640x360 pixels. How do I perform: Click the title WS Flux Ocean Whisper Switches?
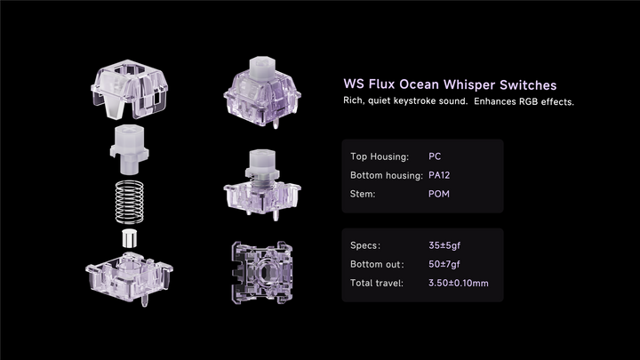(450, 84)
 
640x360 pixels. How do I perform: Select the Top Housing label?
(380, 156)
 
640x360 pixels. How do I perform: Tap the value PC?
(435, 156)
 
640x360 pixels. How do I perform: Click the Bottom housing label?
(386, 175)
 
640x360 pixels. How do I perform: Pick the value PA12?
(440, 175)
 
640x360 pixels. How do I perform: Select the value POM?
(439, 193)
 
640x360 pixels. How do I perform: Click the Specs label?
(366, 244)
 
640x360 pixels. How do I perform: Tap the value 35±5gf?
(446, 244)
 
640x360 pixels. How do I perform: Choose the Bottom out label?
(378, 264)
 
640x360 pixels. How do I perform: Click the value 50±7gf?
(446, 264)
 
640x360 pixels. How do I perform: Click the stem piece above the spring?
(131, 148)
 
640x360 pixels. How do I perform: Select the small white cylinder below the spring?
(130, 238)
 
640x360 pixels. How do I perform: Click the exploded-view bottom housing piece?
(129, 274)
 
